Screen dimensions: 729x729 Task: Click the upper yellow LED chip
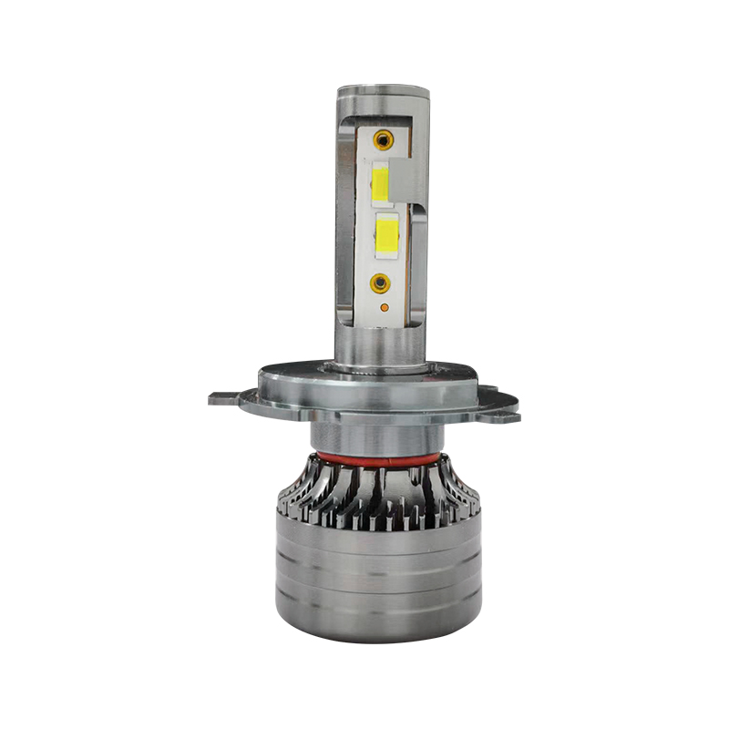coord(382,182)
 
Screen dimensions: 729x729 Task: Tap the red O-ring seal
coord(379,458)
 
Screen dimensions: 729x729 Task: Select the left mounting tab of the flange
coord(228,398)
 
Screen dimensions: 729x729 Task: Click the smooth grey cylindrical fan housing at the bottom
coord(379,583)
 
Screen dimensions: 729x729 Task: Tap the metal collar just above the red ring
coord(379,437)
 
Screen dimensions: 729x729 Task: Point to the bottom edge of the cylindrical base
coord(379,639)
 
